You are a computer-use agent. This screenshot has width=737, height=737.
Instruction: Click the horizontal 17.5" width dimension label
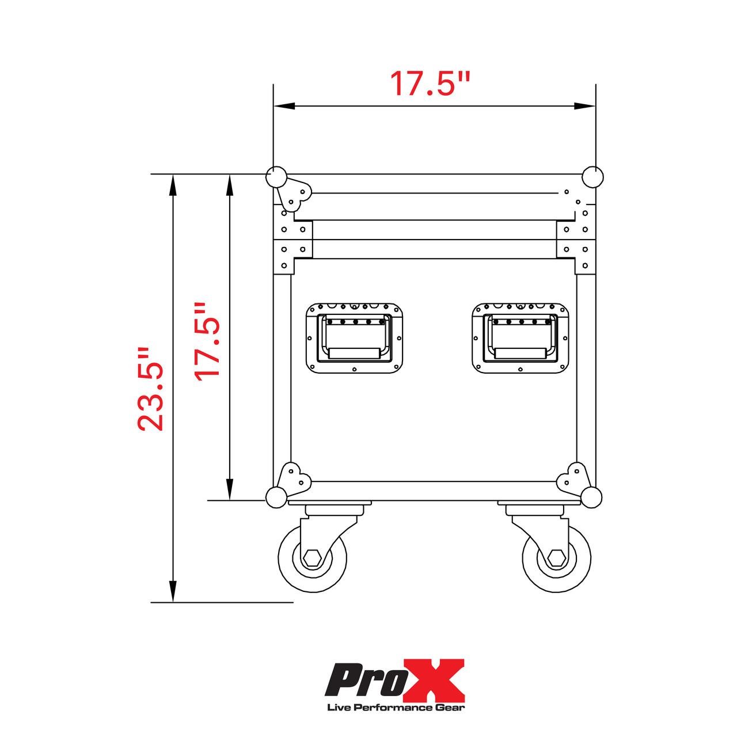[430, 84]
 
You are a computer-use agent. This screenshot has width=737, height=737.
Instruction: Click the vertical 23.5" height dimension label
[151, 389]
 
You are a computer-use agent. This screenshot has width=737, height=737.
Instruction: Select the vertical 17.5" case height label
[208, 341]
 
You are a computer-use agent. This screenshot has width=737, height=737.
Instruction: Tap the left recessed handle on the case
[354, 338]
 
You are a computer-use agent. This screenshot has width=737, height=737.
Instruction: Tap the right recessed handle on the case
[521, 338]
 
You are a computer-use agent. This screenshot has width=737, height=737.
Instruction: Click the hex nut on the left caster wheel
[313, 557]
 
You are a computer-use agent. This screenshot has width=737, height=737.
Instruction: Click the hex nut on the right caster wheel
[556, 557]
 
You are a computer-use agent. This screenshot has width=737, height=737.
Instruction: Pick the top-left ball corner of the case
[276, 177]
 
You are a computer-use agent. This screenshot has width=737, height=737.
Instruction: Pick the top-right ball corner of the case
[592, 177]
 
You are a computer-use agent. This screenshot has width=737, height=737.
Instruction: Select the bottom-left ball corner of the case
[276, 497]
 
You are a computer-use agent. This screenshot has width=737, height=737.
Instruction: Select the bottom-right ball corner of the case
[591, 497]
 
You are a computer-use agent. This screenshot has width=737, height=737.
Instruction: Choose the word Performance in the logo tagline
[397, 708]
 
